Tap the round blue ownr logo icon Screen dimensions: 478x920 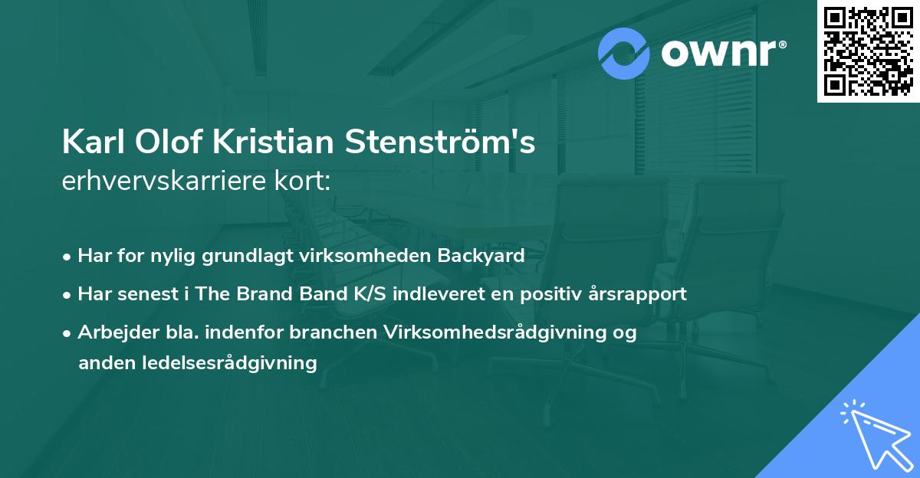pyautogui.click(x=624, y=53)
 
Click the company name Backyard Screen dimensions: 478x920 pyautogui.click(x=481, y=256)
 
